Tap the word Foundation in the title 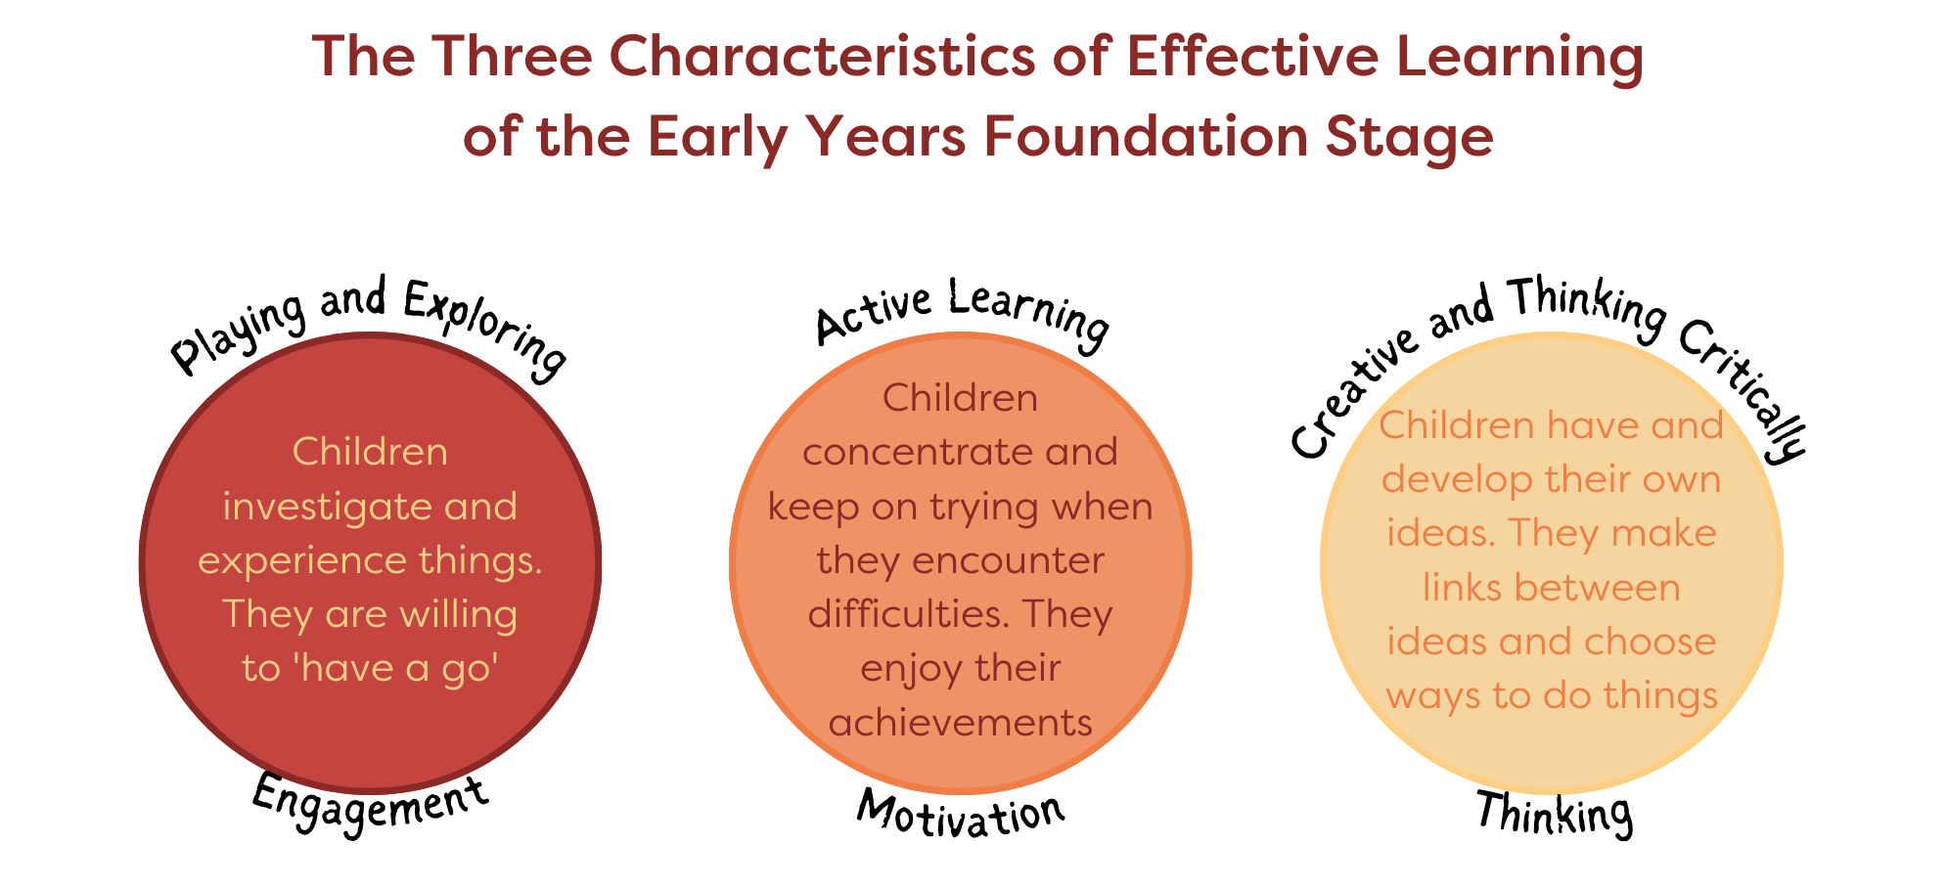point(1146,137)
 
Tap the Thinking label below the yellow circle point(1554,813)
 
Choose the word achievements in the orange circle point(960,723)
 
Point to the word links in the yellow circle point(1460,588)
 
